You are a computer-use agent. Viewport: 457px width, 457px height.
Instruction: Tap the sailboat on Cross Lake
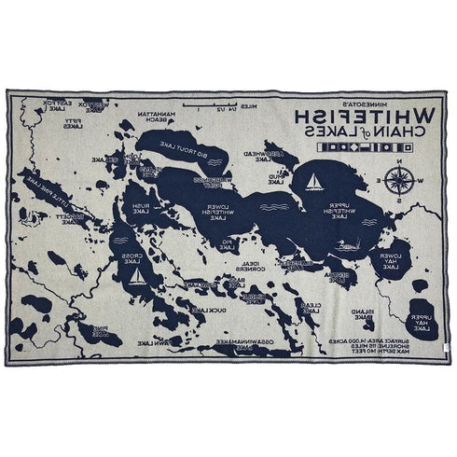[138, 277]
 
